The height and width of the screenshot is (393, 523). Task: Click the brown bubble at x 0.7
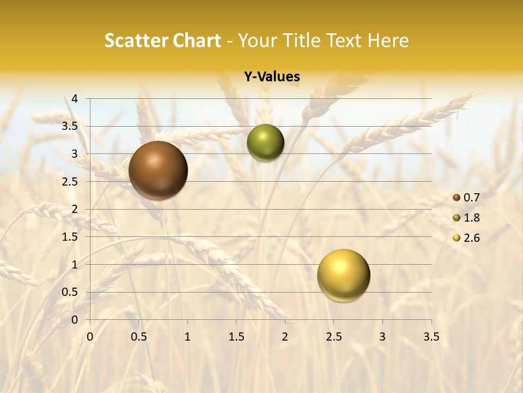point(158,170)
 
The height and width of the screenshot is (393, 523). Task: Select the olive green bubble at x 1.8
point(265,143)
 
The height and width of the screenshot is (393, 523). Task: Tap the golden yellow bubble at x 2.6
point(343,275)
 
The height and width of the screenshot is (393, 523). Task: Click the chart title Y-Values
point(271,77)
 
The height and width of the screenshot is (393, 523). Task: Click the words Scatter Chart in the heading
point(162,40)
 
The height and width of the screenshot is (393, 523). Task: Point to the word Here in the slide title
point(387,40)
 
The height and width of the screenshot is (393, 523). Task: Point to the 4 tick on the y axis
point(75,99)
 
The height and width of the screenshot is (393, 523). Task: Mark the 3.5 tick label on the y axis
point(71,126)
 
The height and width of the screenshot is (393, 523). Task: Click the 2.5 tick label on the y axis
point(71,182)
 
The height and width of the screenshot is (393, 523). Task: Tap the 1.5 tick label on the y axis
point(71,237)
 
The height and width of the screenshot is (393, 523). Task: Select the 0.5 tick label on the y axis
point(71,292)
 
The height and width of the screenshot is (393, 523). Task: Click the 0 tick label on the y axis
point(75,320)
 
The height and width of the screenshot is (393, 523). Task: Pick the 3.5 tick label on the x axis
point(431,337)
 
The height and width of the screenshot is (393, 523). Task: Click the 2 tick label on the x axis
point(285,337)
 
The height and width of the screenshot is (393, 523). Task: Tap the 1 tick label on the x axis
point(187,337)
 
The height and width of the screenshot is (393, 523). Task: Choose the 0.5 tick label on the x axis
point(139,337)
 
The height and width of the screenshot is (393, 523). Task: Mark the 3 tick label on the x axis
point(382,337)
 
